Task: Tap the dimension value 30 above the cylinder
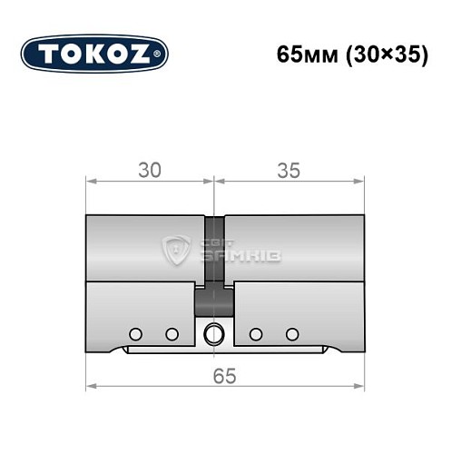click(x=150, y=170)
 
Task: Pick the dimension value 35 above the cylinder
click(x=289, y=170)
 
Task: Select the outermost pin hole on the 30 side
click(x=135, y=333)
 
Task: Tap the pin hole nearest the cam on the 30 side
click(x=171, y=333)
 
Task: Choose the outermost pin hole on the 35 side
click(x=291, y=333)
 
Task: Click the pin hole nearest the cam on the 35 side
click(x=256, y=333)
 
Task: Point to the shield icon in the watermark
click(x=175, y=249)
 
